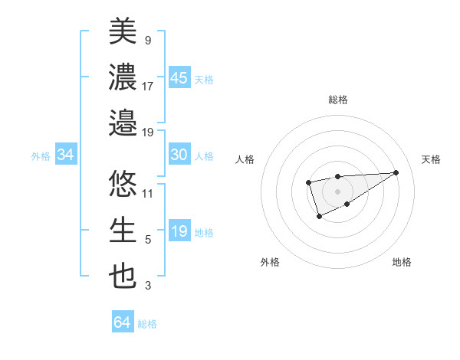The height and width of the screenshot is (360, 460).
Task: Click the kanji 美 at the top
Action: pyautogui.click(x=123, y=32)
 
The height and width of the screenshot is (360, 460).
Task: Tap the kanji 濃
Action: pyautogui.click(x=123, y=77)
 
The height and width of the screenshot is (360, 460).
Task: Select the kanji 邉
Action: pyautogui.click(x=123, y=123)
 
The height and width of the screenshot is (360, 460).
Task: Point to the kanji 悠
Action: pyautogui.click(x=123, y=183)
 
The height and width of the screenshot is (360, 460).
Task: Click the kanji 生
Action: pyautogui.click(x=123, y=230)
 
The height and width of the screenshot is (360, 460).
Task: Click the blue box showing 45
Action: pyautogui.click(x=179, y=77)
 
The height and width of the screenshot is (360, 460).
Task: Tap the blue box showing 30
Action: pyautogui.click(x=179, y=155)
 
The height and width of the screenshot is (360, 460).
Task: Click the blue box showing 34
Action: pyautogui.click(x=66, y=155)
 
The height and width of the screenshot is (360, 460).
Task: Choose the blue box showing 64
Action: pyautogui.click(x=123, y=322)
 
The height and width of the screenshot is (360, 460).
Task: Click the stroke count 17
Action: pyautogui.click(x=148, y=86)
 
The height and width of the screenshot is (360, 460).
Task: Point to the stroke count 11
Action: pyautogui.click(x=148, y=193)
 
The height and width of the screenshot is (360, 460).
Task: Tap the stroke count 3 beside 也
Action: pyautogui.click(x=148, y=286)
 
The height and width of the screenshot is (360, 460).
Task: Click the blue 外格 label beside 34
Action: pyautogui.click(x=41, y=156)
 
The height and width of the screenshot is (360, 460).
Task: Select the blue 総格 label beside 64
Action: pyautogui.click(x=147, y=324)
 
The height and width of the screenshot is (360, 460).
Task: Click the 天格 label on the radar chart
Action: pyautogui.click(x=432, y=159)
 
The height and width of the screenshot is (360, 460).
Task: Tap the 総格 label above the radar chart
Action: pyautogui.click(x=337, y=100)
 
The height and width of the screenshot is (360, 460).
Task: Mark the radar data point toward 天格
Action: pyautogui.click(x=396, y=172)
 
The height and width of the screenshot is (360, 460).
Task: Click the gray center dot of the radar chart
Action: pyautogui.click(x=337, y=191)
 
